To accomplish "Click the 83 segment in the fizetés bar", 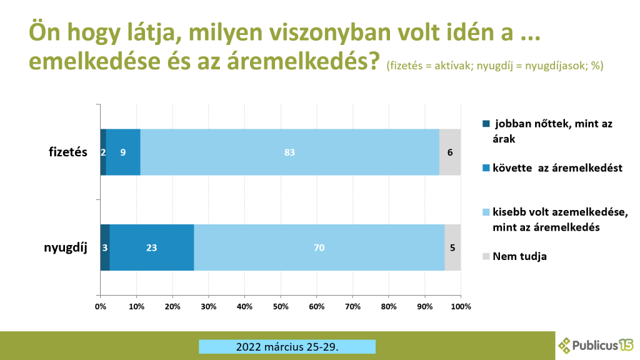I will click(x=289, y=152).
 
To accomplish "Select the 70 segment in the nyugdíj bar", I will click(x=319, y=247).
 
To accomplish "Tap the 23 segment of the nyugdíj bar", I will click(x=151, y=247).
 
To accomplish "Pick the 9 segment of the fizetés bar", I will click(x=123, y=152).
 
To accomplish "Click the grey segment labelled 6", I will click(x=450, y=152).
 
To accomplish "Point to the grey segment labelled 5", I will click(x=452, y=247).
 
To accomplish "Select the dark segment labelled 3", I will click(x=105, y=247).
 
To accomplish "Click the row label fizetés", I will click(x=68, y=152).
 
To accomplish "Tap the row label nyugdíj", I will click(x=65, y=247).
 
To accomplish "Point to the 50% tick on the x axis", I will click(x=281, y=306).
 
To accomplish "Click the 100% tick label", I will click(x=461, y=306).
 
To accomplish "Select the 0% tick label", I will click(x=100, y=306).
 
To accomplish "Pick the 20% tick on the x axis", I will click(x=172, y=306).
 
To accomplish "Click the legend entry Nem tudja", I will click(x=519, y=256).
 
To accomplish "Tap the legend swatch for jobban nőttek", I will click(x=486, y=124).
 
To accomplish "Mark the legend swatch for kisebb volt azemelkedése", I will click(x=486, y=212).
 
